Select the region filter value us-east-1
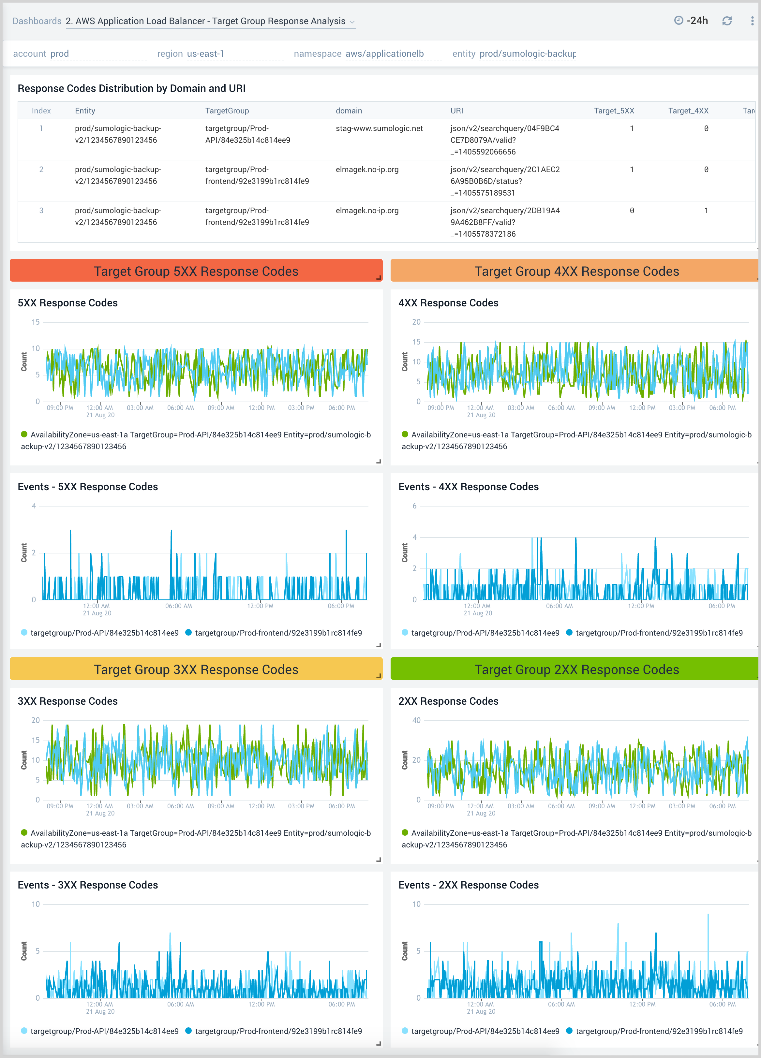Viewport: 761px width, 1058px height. click(205, 54)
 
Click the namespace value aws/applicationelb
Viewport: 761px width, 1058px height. click(384, 54)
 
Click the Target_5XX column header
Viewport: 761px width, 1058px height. click(614, 110)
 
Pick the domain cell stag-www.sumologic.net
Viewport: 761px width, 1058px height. click(379, 128)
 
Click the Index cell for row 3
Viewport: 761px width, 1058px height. click(41, 210)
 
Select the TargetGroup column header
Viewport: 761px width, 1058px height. click(227, 110)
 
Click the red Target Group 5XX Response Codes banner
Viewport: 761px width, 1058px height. click(196, 271)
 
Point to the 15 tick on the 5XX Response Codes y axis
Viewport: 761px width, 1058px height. click(36, 322)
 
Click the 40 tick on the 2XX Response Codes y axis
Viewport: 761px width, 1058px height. click(416, 720)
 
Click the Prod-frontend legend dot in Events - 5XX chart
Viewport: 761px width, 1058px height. click(188, 633)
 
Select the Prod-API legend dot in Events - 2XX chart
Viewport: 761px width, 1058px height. click(405, 1031)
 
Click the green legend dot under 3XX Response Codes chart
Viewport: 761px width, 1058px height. click(24, 833)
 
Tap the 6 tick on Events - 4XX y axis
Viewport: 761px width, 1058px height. click(414, 506)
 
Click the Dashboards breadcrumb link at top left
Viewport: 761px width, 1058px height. click(37, 21)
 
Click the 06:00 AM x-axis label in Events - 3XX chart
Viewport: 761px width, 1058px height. click(180, 1004)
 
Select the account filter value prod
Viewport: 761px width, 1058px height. click(59, 54)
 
